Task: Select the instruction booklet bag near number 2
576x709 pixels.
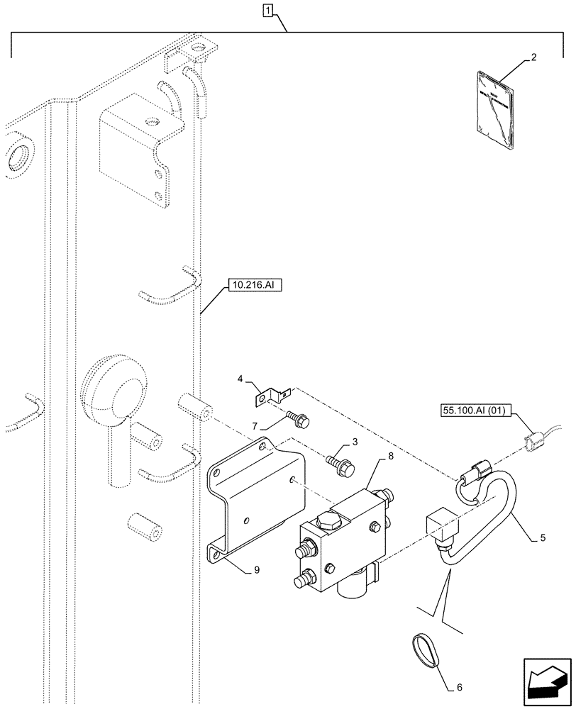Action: [x=494, y=107]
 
